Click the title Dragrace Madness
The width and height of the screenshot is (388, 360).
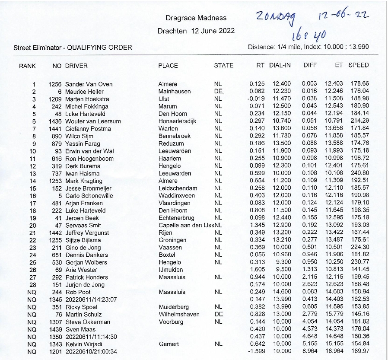196,18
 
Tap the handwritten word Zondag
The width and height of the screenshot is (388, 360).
275,18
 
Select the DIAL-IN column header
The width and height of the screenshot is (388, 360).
280,66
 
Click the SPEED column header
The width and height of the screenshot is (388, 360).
359,66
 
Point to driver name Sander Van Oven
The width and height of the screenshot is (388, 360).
89,84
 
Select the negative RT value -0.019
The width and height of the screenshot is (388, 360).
256,99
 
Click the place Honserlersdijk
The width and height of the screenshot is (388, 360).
178,121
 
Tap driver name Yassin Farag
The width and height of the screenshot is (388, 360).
83,143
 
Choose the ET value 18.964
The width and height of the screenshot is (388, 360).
334,351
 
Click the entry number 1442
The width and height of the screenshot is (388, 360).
55,233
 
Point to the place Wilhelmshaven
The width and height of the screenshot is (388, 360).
179,314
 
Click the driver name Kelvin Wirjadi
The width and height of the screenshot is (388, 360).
84,344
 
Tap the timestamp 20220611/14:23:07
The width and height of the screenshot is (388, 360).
91,299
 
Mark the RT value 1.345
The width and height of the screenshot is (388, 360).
257,225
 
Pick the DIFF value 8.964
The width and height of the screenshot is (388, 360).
310,351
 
